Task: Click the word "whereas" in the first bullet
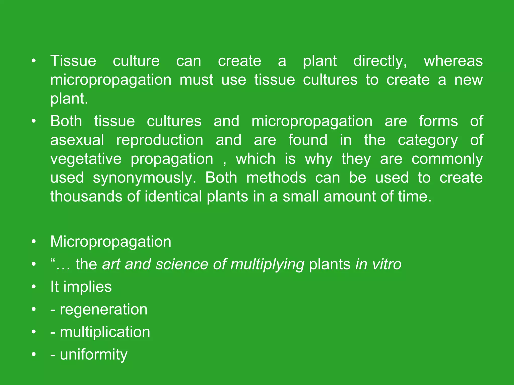[x=453, y=61]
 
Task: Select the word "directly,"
[x=380, y=61]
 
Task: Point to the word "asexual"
[x=77, y=140]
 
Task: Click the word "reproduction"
[x=160, y=140]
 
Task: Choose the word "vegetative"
[x=86, y=159]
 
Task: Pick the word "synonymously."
[x=144, y=178]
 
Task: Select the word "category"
[x=428, y=140]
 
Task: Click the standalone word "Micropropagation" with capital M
[x=111, y=242]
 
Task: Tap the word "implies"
[x=87, y=287]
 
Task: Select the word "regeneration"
[x=104, y=309]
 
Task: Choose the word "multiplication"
[x=105, y=332]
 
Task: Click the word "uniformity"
[x=94, y=354]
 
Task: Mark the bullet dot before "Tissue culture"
[x=34, y=61]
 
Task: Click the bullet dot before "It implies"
[x=34, y=287]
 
